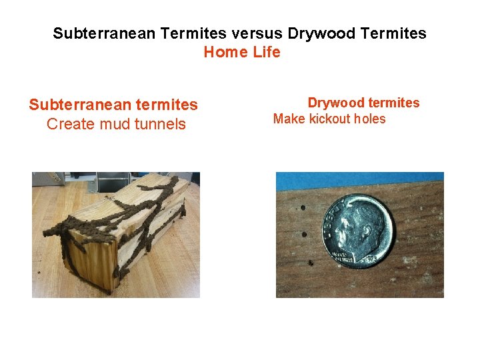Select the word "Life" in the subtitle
pos(267,52)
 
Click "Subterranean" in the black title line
pos(98,33)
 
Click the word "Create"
pos(70,124)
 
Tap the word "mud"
pos(114,124)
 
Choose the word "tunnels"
pos(160,124)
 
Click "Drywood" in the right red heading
pos(335,103)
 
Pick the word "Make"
pos(289,119)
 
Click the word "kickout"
pos(329,119)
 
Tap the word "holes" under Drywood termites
pos(370,119)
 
